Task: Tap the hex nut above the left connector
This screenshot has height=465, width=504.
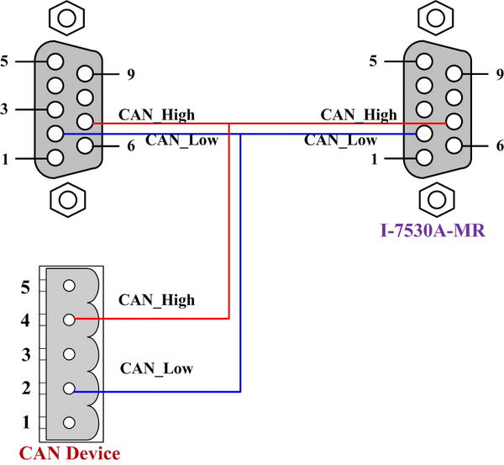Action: pos(69,17)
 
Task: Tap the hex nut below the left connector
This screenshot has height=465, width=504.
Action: pos(69,199)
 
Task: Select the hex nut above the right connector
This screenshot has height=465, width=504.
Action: pos(433,17)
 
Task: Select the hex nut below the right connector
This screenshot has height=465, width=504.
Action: pos(433,199)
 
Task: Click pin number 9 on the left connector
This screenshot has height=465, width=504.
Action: pos(85,73)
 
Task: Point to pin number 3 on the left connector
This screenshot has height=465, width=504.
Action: pos(55,109)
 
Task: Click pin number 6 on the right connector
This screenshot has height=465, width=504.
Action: pos(454,145)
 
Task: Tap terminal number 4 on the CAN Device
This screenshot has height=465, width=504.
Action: pos(69,320)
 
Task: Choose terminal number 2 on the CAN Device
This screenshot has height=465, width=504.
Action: pos(69,389)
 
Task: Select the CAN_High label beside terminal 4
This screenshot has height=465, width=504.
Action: pos(156,299)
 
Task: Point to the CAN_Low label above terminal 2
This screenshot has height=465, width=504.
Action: pos(156,368)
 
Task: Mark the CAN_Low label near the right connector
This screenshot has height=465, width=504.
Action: pos(341,140)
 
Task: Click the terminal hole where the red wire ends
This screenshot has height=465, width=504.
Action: pos(69,320)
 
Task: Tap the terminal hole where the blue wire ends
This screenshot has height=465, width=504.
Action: pos(69,389)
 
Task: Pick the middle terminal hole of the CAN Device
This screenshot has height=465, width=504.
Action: pos(69,354)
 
